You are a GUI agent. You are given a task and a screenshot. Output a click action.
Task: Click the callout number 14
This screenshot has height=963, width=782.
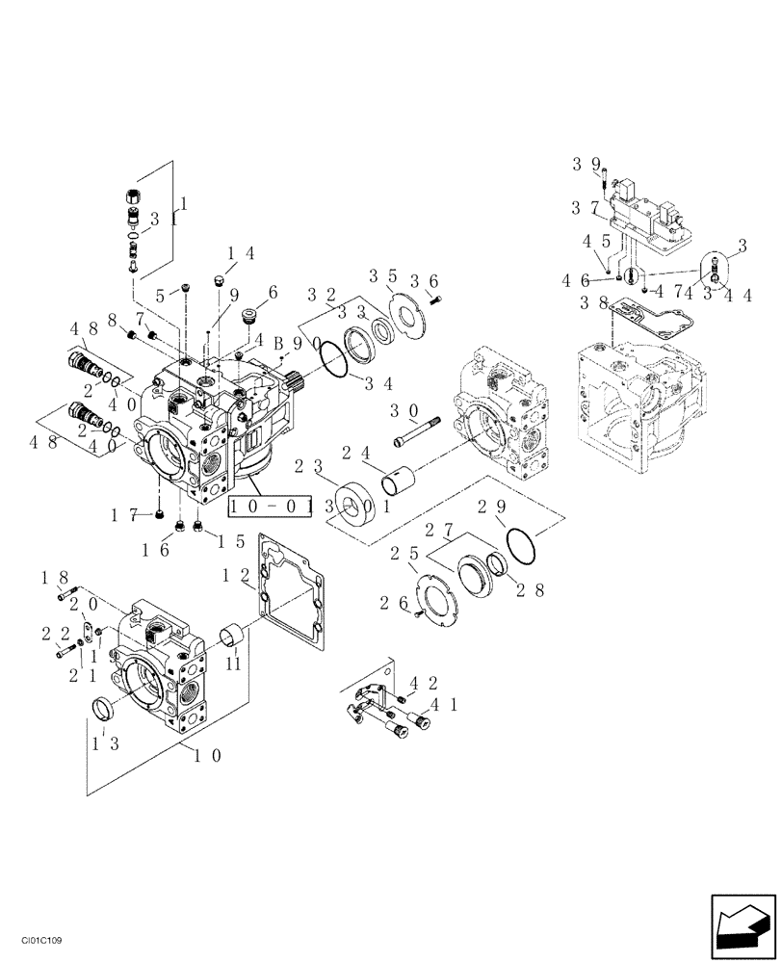241,254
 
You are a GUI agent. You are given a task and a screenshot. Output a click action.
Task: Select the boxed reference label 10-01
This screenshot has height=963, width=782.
269,506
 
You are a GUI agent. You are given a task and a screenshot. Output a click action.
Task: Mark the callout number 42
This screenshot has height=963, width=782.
420,684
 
